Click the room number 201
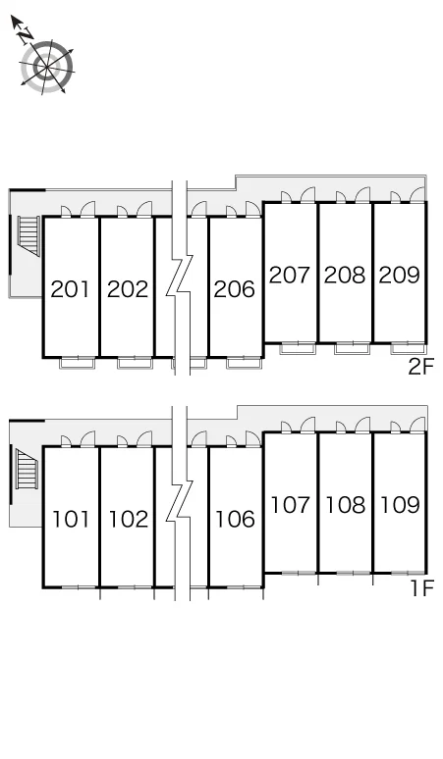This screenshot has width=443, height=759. coord(71,289)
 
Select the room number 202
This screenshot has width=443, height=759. coord(128,289)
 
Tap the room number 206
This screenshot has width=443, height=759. coord(235,289)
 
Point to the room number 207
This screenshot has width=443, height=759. coord(290,275)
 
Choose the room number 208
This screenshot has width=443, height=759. coord(345,275)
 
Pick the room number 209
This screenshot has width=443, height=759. coord(400,275)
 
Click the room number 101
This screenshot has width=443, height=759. coord(71,520)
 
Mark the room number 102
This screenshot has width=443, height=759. coord(128,520)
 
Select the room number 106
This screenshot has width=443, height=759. coord(235,520)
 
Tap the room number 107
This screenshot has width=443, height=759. coord(290,505)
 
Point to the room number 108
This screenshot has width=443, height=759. coord(345,505)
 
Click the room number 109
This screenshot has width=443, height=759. coord(400,505)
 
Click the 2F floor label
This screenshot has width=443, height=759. coord(420,367)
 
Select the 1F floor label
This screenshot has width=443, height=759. coord(421,588)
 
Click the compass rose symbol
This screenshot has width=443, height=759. coord(47,67)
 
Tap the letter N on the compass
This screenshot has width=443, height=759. coord(26,35)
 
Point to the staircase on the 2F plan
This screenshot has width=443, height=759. coord(28,235)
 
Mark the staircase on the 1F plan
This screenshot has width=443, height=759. coord(28,469)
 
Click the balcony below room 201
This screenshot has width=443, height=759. coord(77,363)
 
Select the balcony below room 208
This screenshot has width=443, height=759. coord(353,348)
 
